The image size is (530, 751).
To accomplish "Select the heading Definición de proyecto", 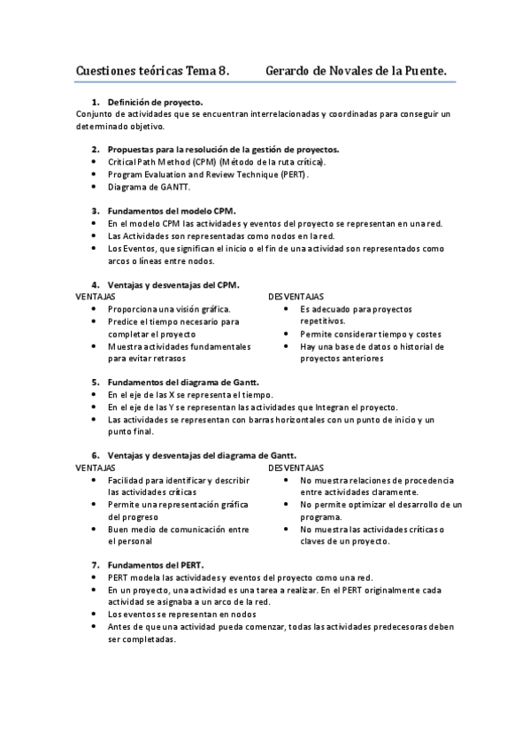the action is point(155,102).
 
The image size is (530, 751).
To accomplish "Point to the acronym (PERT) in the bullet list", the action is point(290,174).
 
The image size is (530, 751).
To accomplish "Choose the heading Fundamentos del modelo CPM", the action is point(172,212).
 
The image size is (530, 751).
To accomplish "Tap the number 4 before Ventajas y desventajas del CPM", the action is point(96,284).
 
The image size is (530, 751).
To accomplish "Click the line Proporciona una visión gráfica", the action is point(169,309).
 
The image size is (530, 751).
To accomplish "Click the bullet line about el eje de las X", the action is point(190,394).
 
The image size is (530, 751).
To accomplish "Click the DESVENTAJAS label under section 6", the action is point(296,467).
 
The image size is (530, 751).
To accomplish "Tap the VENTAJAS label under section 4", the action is point(95,296).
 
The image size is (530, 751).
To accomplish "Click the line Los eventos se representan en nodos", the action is point(181,613).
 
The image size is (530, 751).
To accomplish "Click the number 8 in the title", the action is point(224,68).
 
